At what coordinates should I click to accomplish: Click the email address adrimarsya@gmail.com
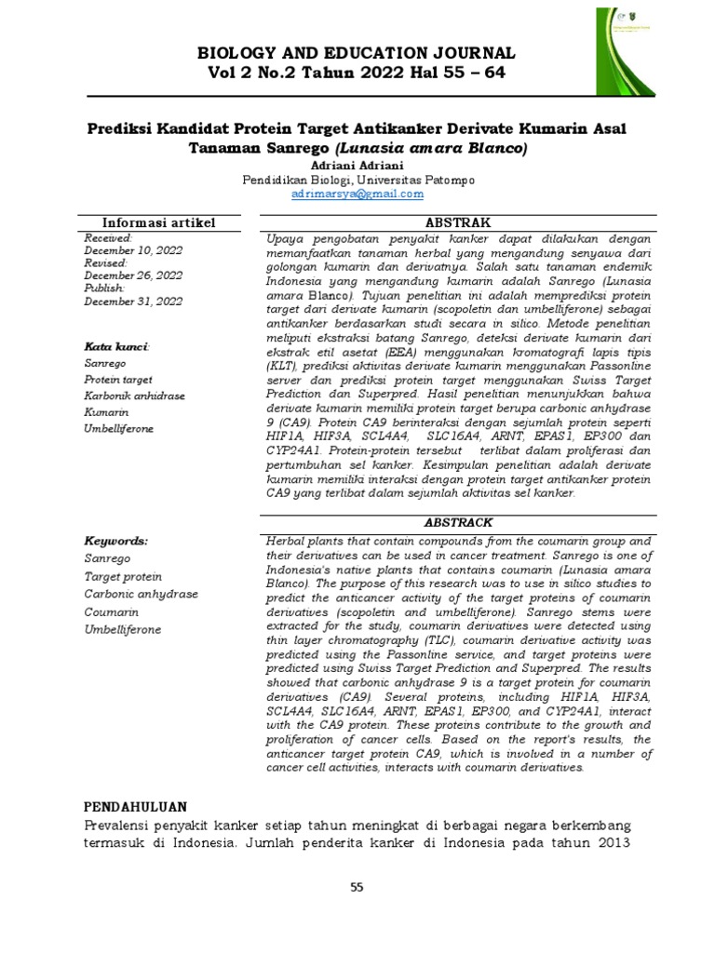pos(357,194)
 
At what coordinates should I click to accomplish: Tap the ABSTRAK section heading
pos(451,222)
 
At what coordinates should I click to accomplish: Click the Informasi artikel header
pos(159,222)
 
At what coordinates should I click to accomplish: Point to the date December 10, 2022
pos(133,250)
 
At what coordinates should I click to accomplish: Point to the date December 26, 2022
pos(133,276)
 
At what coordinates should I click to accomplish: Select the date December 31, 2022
pos(133,302)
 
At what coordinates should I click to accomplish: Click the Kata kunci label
pos(116,346)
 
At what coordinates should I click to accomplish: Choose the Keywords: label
pos(116,540)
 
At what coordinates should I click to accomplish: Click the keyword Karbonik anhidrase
pos(134,396)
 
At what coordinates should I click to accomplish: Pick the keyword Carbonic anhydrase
pos(134,594)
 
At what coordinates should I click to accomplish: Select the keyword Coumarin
pos(112,611)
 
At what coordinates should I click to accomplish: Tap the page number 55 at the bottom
pos(357,888)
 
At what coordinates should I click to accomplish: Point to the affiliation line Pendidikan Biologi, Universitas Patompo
pos(357,179)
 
